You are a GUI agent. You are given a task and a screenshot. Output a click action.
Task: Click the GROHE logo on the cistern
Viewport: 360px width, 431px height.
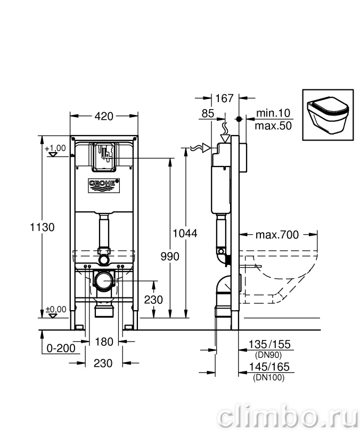(104, 186)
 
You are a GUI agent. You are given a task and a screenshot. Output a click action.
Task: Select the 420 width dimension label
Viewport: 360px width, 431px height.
(104, 117)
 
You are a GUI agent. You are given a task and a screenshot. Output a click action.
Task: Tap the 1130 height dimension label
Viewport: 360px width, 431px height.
(42, 227)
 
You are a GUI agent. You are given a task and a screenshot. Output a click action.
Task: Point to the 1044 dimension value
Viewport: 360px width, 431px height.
(185, 234)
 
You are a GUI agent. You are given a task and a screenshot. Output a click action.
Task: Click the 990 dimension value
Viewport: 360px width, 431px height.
(170, 256)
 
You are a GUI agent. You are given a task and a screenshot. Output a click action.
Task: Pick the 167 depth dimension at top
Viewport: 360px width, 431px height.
(224, 98)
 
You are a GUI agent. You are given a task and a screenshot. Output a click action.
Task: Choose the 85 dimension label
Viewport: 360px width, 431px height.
(208, 113)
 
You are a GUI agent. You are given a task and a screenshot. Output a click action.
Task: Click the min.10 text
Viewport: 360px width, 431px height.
(273, 113)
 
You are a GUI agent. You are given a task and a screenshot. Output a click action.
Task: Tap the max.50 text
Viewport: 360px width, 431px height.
(273, 126)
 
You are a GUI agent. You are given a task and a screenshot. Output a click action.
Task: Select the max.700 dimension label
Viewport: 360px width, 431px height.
(277, 235)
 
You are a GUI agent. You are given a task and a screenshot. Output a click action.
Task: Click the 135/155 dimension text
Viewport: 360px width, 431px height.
(269, 344)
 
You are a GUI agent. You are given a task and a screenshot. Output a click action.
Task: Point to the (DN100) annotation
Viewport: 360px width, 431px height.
(269, 378)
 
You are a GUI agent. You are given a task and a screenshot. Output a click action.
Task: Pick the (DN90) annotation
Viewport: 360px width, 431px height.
(268, 355)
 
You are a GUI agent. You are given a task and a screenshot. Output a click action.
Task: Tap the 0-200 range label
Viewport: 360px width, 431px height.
(61, 349)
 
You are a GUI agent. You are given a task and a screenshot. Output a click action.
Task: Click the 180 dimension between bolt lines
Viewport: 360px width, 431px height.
(104, 342)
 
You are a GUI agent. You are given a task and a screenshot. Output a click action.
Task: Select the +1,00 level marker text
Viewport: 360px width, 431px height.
(55, 148)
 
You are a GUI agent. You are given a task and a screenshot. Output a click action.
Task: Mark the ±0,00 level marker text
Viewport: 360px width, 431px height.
(56, 310)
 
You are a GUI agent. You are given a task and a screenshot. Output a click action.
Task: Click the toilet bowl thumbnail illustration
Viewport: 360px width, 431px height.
(328, 114)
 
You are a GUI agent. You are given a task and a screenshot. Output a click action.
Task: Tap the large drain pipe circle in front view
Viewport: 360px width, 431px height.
(104, 280)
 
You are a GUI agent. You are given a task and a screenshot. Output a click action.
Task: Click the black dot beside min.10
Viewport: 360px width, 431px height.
(239, 119)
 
